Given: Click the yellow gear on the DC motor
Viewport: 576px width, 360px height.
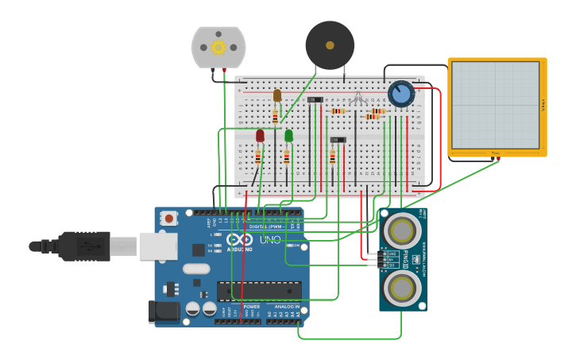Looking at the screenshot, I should point(218,48).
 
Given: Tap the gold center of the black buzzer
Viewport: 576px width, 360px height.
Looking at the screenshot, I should point(330,45).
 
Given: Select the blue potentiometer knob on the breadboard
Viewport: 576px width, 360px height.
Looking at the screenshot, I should point(401,94).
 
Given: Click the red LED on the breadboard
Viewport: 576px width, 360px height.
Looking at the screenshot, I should point(260,136).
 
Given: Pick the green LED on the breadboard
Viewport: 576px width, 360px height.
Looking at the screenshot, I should point(288,136).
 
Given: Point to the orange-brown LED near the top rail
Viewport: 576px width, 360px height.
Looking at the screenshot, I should point(277,95).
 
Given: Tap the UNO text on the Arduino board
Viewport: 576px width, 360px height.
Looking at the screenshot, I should point(270,239).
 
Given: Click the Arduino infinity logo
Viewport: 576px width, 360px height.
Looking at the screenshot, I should point(239,238).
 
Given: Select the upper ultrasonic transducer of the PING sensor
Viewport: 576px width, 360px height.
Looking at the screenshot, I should point(401,231).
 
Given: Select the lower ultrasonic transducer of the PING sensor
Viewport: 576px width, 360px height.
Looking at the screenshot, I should point(401,285).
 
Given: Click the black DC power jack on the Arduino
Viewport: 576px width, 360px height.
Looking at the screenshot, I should point(164,311).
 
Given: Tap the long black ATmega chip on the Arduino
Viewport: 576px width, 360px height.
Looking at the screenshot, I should point(259,290).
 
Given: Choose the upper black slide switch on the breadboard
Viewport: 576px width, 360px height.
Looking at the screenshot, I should point(315,99).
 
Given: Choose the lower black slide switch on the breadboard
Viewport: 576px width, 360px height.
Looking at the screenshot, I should point(338,140).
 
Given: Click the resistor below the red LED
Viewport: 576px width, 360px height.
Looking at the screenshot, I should point(257,157).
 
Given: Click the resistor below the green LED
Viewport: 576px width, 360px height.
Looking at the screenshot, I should point(286,157).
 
